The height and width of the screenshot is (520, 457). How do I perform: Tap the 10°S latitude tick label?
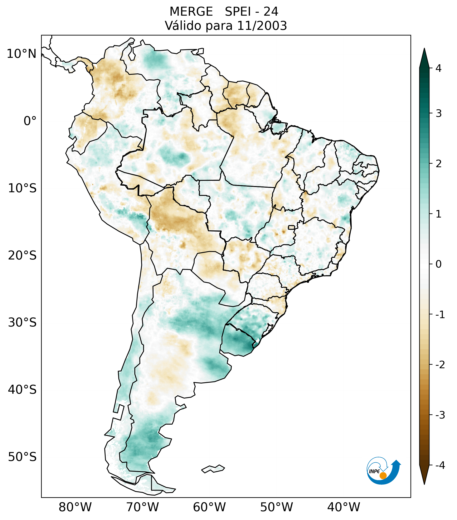(22, 188)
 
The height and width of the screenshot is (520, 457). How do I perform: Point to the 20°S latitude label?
(22, 256)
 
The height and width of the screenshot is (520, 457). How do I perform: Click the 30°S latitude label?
(22, 323)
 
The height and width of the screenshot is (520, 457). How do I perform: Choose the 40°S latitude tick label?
(22, 390)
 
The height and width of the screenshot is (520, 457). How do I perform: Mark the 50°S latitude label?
(22, 457)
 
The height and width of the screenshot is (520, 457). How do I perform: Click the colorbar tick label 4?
(438, 68)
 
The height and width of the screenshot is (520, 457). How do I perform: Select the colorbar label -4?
(440, 466)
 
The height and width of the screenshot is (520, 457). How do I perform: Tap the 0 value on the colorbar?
(438, 264)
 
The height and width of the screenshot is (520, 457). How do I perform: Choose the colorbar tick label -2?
(440, 365)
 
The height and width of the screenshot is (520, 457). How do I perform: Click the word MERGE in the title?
(191, 12)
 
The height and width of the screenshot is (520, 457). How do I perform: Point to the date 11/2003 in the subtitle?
(262, 26)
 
